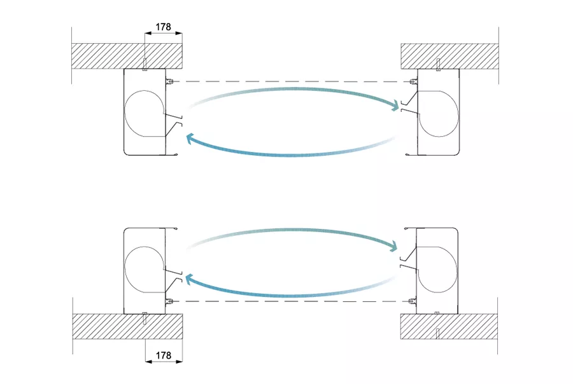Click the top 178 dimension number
coord(164,27)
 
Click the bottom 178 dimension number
coord(164,355)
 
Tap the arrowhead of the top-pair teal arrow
coord(394,106)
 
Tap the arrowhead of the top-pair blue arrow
coord(191,139)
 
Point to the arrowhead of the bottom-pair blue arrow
coord(190,280)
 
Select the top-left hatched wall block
coord(127,56)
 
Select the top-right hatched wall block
coord(449,56)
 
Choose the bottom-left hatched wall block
coord(127,326)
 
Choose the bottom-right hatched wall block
coord(449,326)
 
